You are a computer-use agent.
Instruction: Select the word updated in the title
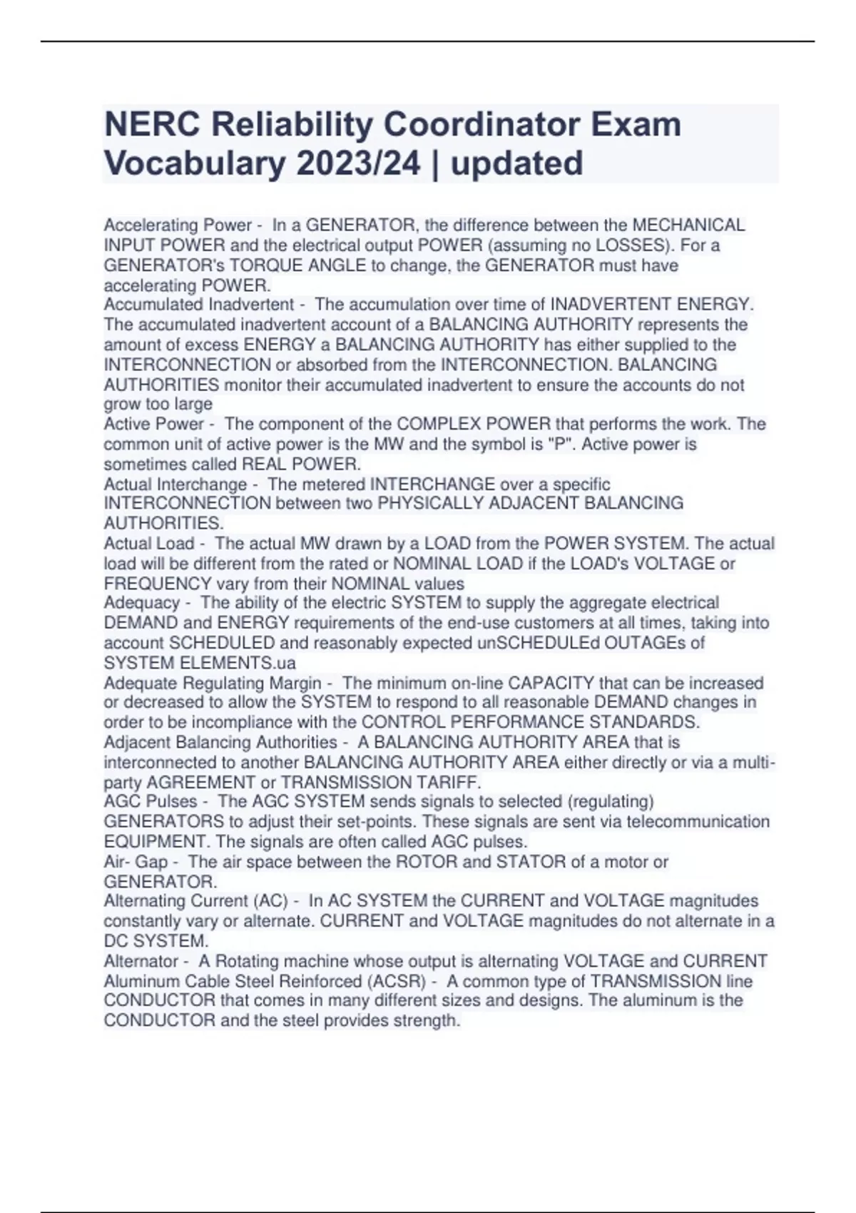[517, 163]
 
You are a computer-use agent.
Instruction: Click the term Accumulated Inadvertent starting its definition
[199, 305]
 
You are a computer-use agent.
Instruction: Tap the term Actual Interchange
[175, 484]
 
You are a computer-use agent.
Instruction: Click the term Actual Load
[149, 544]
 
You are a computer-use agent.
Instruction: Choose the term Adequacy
[142, 603]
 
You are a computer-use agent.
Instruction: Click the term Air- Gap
[136, 862]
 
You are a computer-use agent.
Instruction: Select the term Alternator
[141, 961]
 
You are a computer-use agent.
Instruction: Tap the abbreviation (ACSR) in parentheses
[394, 981]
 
